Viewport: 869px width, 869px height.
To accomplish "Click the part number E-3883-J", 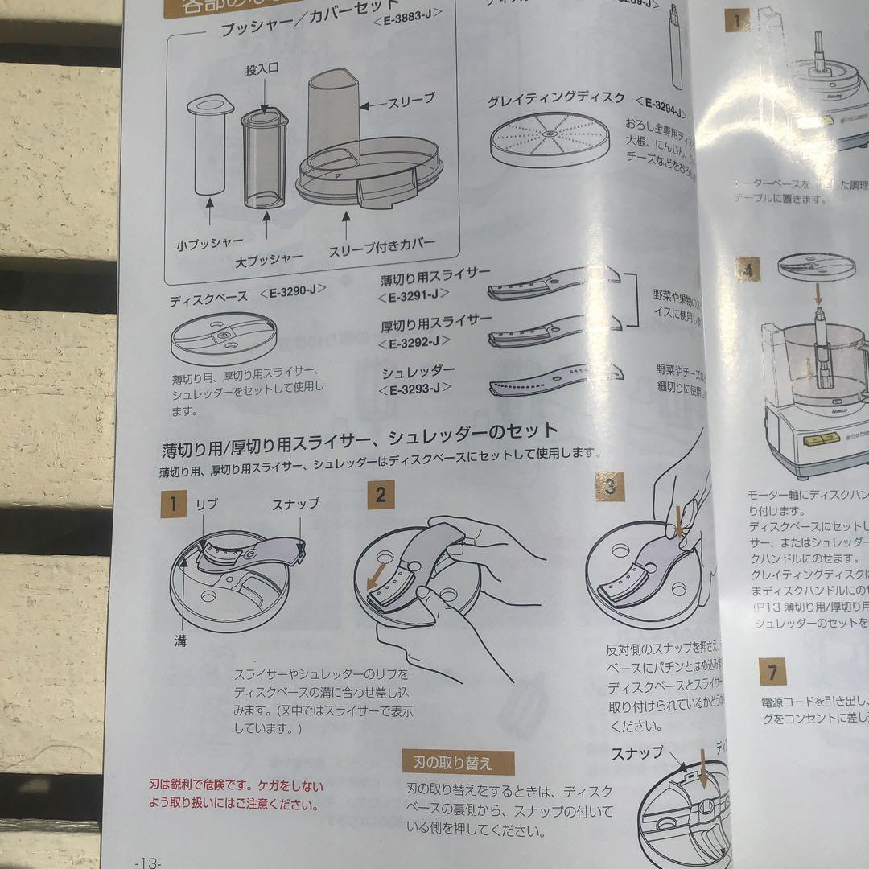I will tap(407, 35).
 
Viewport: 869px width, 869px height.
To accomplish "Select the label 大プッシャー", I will tap(269, 258).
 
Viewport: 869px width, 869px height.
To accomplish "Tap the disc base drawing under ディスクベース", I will tap(224, 337).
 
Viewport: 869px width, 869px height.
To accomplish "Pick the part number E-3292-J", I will tap(414, 343).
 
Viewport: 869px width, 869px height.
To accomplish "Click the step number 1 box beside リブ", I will tap(172, 505).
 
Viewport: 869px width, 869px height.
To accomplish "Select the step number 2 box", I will tap(380, 494).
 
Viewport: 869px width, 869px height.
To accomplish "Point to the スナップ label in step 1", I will tap(295, 504).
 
